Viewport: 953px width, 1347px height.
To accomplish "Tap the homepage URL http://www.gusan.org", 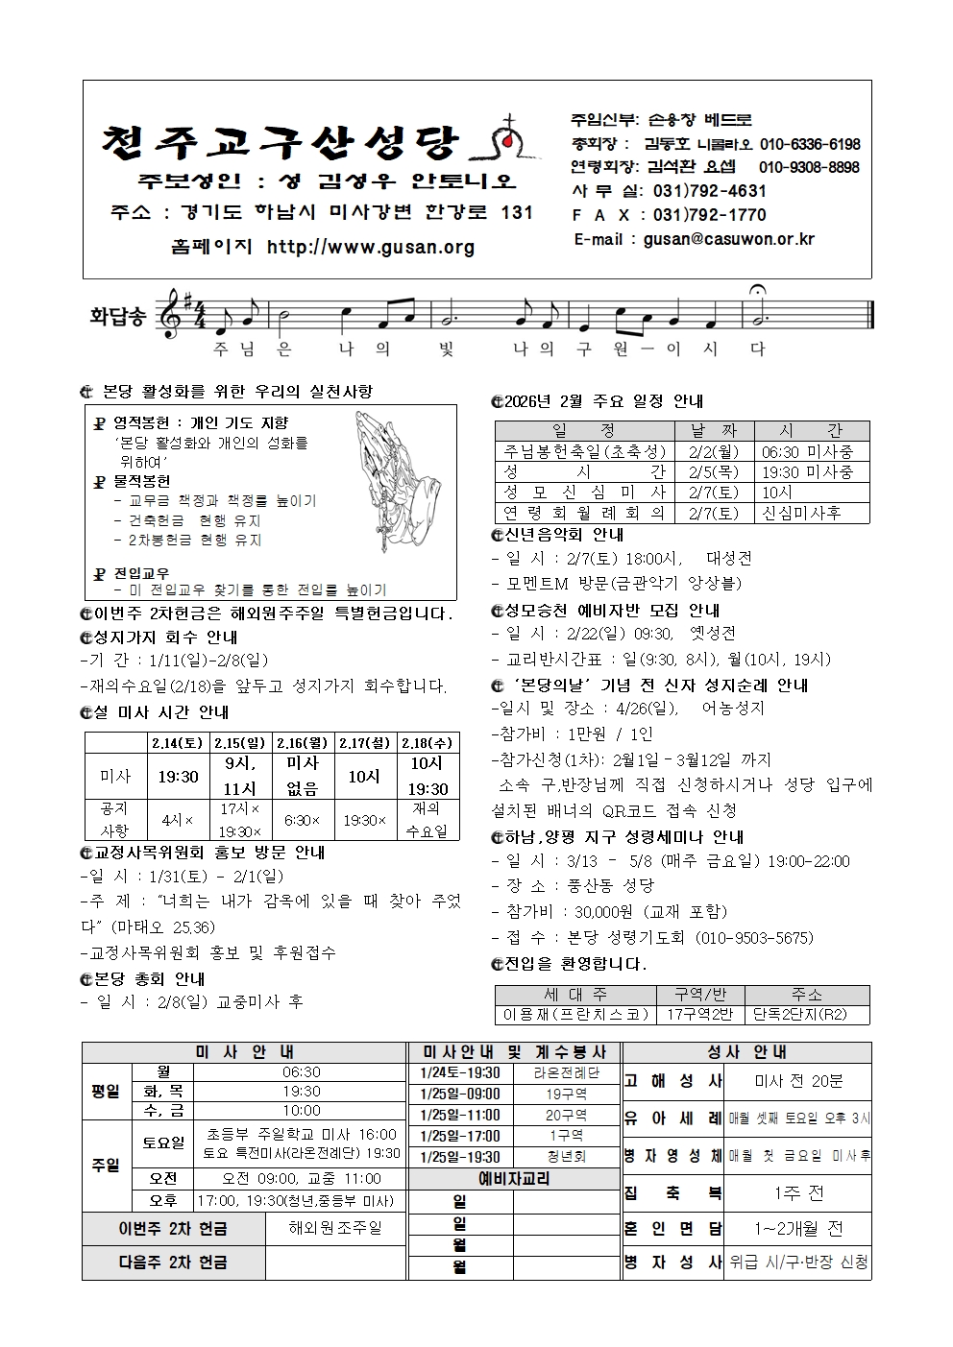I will pyautogui.click(x=371, y=248).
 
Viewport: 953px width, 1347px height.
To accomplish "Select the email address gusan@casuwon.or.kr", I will pyautogui.click(x=729, y=239).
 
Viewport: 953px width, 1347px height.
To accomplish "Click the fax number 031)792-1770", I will pyautogui.click(x=709, y=215).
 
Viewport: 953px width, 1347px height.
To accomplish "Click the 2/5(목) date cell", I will pyautogui.click(x=714, y=472).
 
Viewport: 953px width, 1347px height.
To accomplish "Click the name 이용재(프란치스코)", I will pyautogui.click(x=575, y=1015).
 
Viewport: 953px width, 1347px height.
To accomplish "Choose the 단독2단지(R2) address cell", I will pyautogui.click(x=806, y=1015).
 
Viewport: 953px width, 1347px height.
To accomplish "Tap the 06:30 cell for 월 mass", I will pyautogui.click(x=302, y=1072).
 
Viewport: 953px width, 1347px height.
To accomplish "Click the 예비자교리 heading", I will pyautogui.click(x=514, y=1179).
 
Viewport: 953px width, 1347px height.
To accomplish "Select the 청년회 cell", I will pyautogui.click(x=567, y=1158).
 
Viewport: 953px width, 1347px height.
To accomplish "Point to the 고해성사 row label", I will pyautogui.click(x=672, y=1081).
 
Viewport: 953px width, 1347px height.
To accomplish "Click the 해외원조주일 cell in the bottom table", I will pyautogui.click(x=335, y=1227).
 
